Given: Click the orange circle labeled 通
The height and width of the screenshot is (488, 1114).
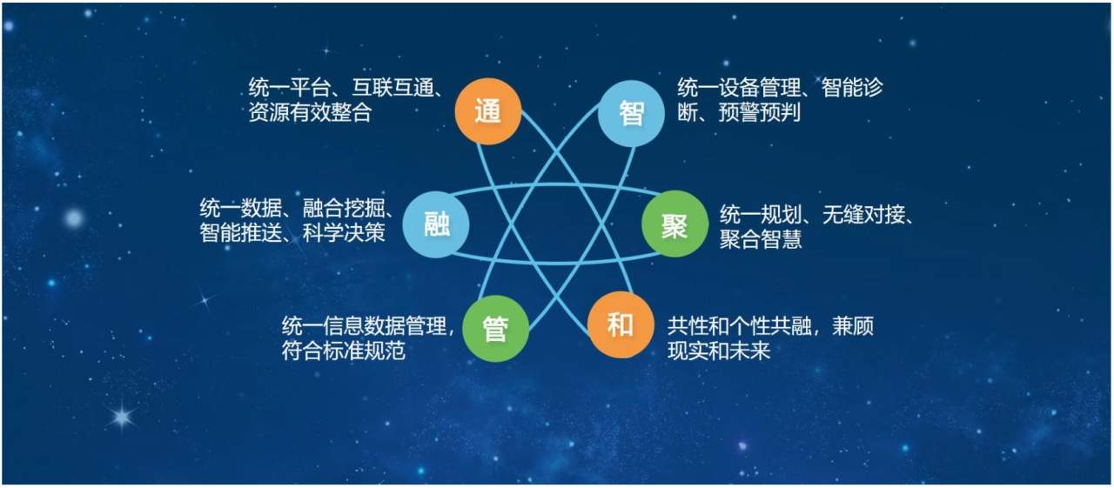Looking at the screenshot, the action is (488, 111).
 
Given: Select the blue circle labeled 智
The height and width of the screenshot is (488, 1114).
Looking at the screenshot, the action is (631, 113).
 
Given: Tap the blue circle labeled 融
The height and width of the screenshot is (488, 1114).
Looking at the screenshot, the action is (436, 224).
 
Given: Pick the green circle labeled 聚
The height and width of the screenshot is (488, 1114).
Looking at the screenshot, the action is (674, 224).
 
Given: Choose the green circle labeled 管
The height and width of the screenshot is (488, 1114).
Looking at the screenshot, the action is (495, 328).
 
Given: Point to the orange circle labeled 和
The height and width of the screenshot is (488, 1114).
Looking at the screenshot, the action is (621, 325).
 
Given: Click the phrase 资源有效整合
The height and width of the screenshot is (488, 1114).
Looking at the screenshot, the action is (311, 112).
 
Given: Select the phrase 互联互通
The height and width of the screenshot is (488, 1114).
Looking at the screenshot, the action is (393, 88).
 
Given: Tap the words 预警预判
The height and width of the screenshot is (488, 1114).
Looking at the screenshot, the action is (760, 112).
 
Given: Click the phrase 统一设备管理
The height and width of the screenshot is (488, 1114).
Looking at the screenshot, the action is (739, 88).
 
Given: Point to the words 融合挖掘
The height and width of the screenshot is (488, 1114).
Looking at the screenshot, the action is (344, 208).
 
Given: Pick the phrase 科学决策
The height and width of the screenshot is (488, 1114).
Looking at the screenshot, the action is (344, 232).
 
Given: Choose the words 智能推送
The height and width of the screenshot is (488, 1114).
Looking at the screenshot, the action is (241, 232).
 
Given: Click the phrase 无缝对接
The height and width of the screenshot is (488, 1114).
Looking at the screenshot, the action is (864, 215).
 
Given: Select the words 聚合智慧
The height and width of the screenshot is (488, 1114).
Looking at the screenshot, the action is (761, 239).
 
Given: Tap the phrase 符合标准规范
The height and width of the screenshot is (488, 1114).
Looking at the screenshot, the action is (344, 351).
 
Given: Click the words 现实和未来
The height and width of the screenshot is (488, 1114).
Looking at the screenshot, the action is (719, 351).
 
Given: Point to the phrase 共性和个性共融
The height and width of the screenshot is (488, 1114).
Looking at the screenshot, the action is (740, 326).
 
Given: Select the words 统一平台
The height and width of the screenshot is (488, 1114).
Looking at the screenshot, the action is (290, 88).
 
